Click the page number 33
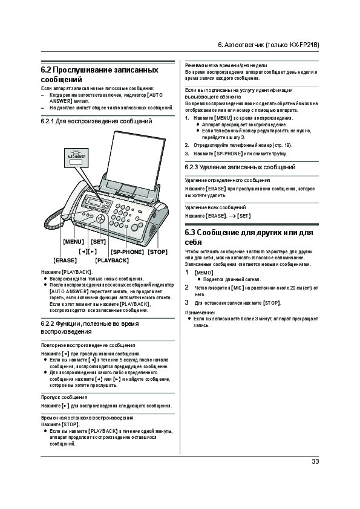tap(315, 461)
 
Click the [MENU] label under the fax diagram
tap(73, 242)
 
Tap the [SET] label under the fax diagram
tap(98, 242)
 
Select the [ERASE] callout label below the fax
tap(65, 261)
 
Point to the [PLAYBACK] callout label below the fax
tap(112, 261)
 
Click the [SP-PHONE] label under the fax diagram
tap(127, 251)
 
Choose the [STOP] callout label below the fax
tap(157, 251)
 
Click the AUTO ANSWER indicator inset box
tap(76, 158)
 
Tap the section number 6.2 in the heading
tap(46, 70)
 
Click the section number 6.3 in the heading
tap(190, 232)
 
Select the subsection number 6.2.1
tap(47, 121)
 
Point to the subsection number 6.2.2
tap(47, 323)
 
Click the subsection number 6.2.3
tap(191, 167)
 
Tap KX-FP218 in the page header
tap(304, 45)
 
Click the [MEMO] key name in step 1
tap(204, 273)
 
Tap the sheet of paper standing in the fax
tap(137, 159)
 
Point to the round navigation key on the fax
tap(100, 218)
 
